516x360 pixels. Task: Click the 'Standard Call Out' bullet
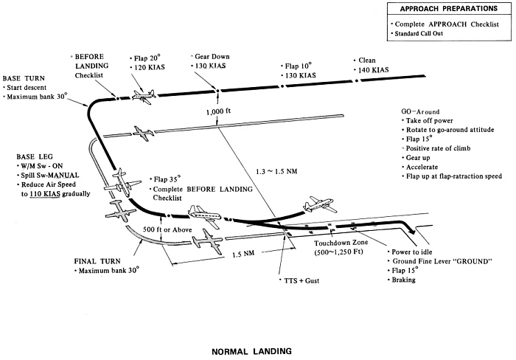point(426,34)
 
